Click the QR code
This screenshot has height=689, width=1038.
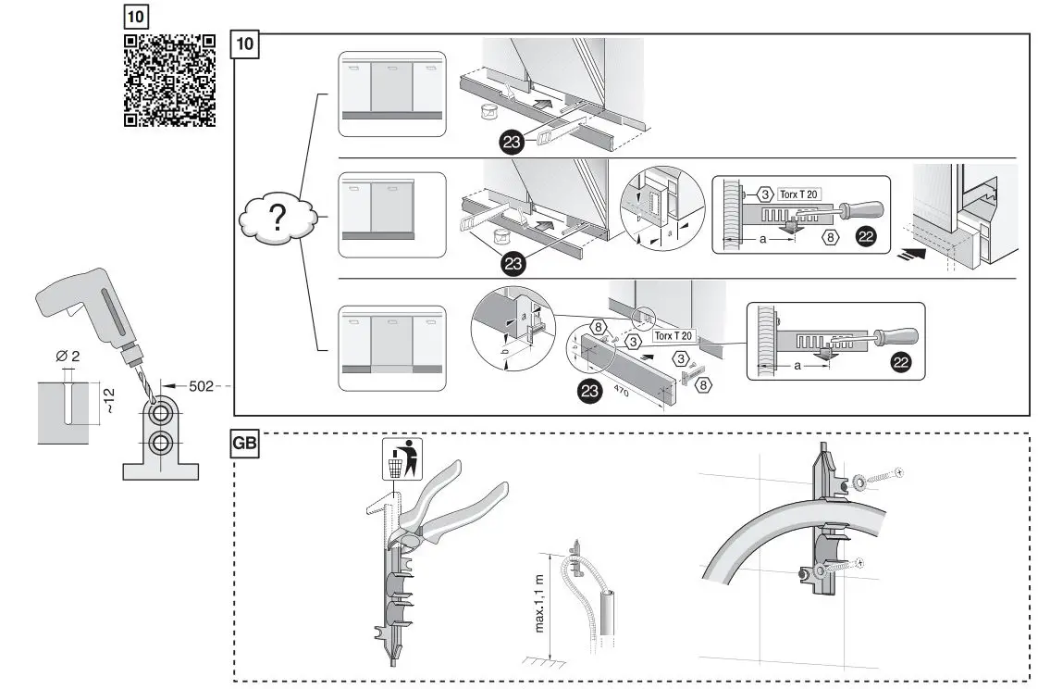click(x=169, y=80)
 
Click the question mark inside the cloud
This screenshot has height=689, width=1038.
click(x=277, y=219)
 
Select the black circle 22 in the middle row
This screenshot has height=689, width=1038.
click(x=865, y=237)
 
